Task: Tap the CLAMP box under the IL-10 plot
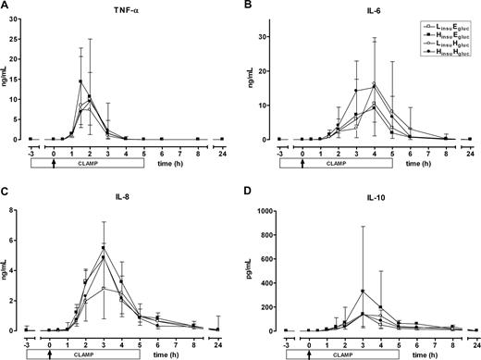pyautogui.click(x=339, y=354)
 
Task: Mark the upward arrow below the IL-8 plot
pyautogui.click(x=49, y=354)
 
